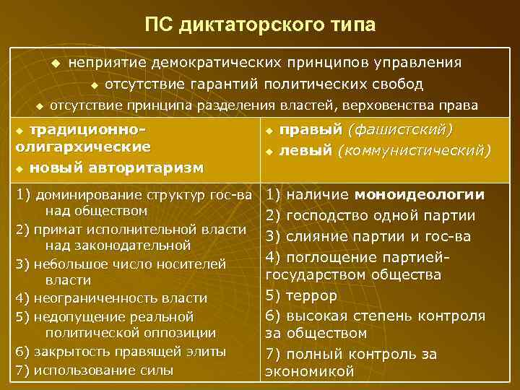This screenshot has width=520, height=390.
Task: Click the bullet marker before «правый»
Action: click(269, 131)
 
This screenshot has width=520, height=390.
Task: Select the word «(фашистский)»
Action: click(401, 130)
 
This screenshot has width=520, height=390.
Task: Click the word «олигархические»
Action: click(82, 147)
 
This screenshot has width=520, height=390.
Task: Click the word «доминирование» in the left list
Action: click(77, 194)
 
